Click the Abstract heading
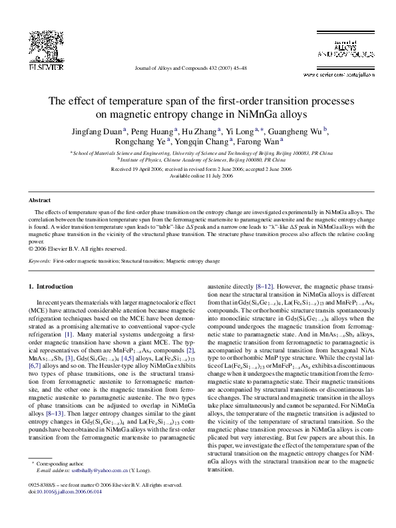click(39, 200)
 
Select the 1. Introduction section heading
click(50, 287)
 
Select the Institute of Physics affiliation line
click(198, 160)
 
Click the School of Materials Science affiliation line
click(198, 153)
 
